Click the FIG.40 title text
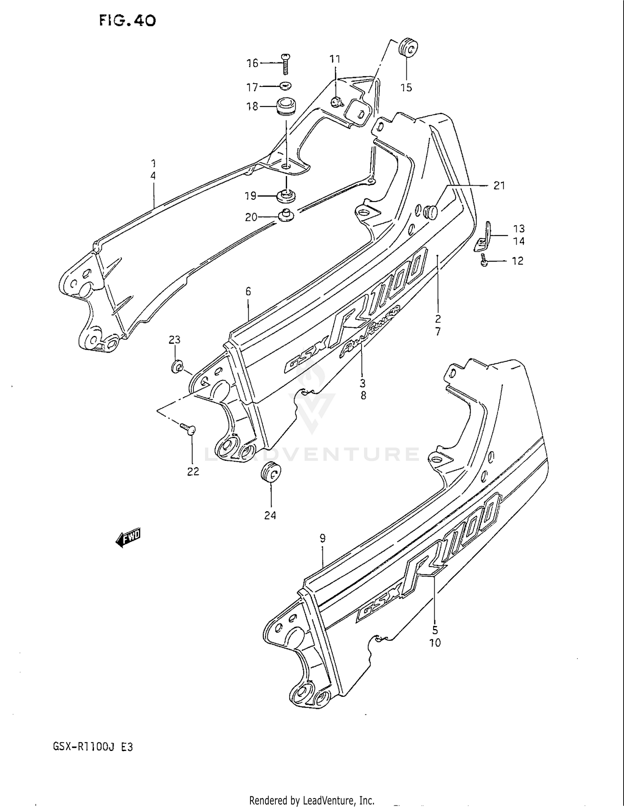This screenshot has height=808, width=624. pyautogui.click(x=127, y=20)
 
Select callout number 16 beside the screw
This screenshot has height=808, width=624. pyautogui.click(x=253, y=63)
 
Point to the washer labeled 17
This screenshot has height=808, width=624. pyautogui.click(x=286, y=86)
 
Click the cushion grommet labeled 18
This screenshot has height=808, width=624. pyautogui.click(x=285, y=106)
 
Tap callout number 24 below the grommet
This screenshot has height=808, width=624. pyautogui.click(x=270, y=515)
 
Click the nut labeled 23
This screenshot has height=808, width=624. pyautogui.click(x=177, y=367)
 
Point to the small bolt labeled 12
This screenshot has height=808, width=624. pyautogui.click(x=484, y=261)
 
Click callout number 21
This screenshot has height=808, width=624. pyautogui.click(x=499, y=186)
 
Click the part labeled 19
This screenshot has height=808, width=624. pyautogui.click(x=286, y=195)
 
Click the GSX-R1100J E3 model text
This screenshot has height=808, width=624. pyautogui.click(x=93, y=747)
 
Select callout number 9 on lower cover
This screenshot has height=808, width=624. pyautogui.click(x=322, y=538)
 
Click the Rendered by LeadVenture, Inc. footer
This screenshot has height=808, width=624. pyautogui.click(x=312, y=800)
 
